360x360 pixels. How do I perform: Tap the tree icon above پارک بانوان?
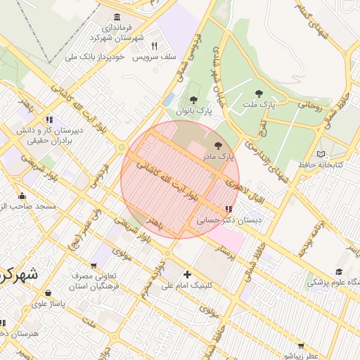(194, 101)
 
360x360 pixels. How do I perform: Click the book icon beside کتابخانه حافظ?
(321, 154)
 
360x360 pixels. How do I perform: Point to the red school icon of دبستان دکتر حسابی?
(228, 210)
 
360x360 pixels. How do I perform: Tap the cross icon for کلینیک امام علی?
(186, 274)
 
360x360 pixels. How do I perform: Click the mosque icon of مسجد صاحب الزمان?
(22, 196)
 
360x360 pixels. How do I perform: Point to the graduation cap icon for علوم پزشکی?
(338, 271)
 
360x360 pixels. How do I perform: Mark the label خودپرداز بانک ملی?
(94, 56)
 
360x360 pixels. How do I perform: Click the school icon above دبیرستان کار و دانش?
(49, 120)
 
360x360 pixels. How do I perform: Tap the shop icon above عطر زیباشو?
(301, 345)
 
